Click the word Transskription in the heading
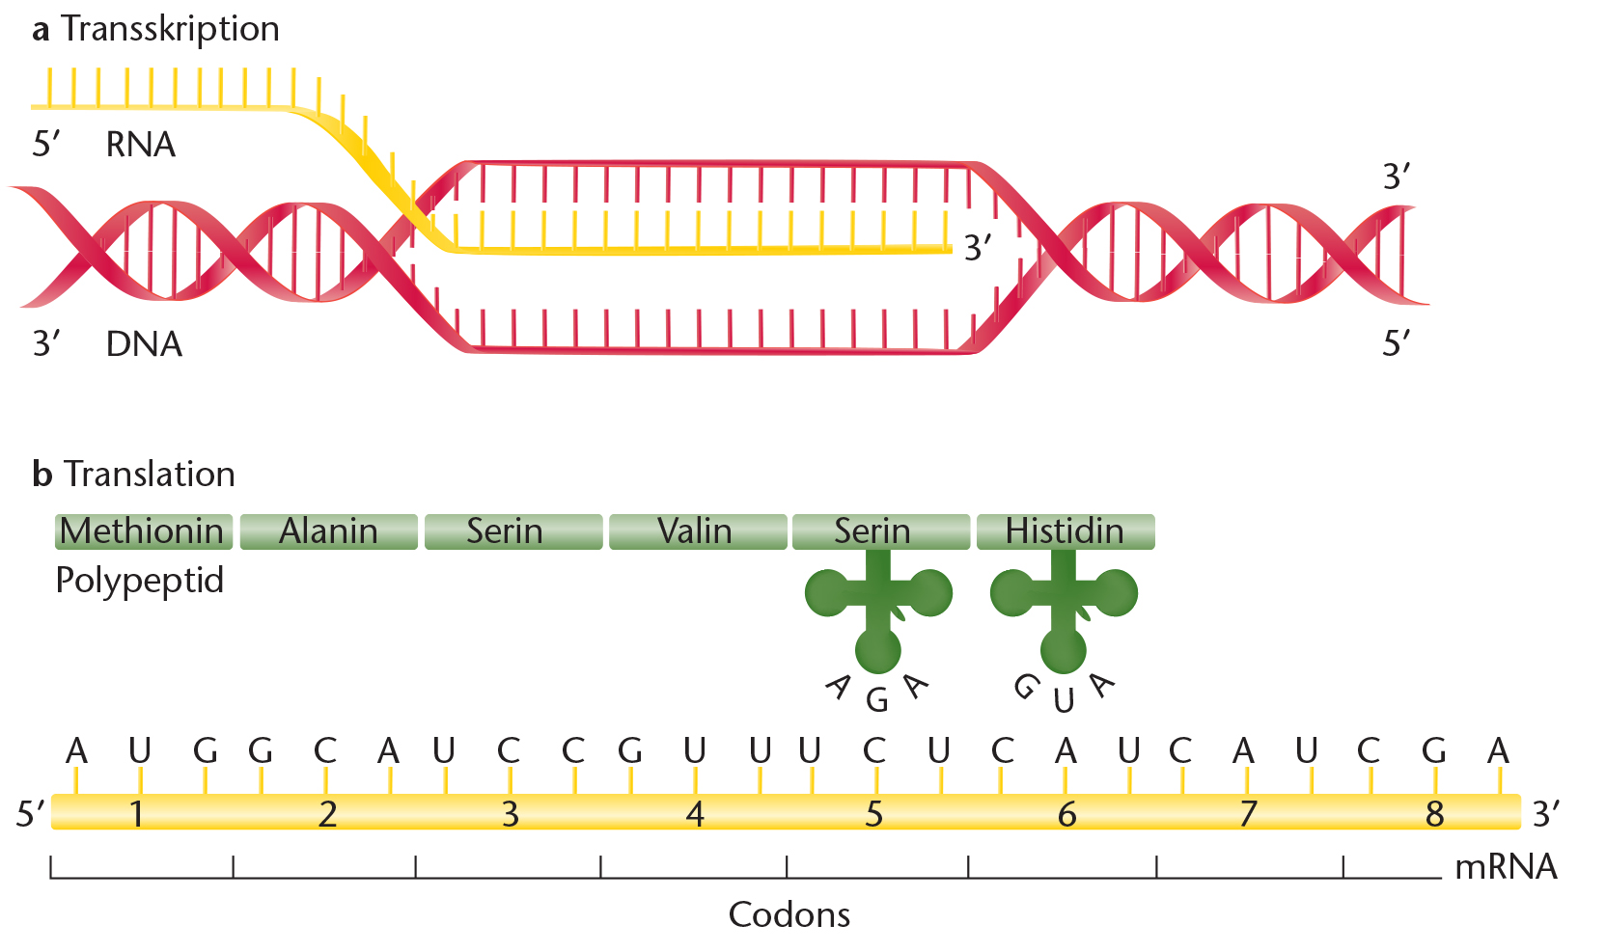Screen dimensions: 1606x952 171,29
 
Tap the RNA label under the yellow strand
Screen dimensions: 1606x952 141,145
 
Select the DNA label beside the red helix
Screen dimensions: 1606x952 144,344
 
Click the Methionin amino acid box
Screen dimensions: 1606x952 144,531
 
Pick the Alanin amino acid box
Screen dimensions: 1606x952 328,531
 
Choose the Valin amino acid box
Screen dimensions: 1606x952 698,531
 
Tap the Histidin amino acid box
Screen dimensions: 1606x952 1066,531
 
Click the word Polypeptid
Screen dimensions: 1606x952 140,581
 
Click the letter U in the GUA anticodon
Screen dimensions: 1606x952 1064,701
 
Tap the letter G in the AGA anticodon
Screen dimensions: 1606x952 877,700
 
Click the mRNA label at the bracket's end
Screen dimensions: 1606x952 1507,867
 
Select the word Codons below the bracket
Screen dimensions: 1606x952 789,914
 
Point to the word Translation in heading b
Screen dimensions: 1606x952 150,475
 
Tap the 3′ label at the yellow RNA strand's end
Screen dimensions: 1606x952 978,248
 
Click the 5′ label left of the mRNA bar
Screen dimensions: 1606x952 30,814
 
